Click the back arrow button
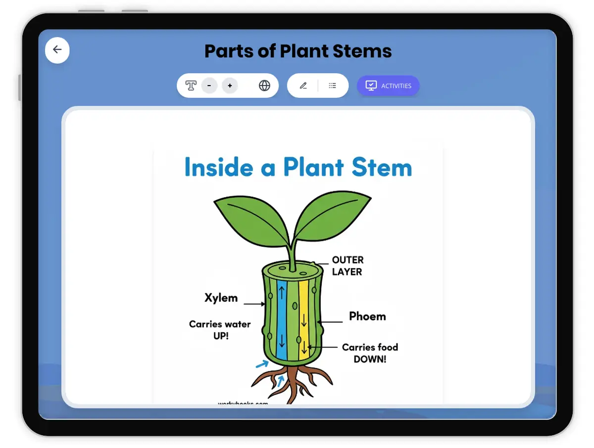point(57,50)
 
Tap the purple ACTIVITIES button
point(388,86)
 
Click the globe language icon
point(265,86)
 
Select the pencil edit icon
point(303,86)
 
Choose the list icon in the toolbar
point(333,86)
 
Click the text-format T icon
point(191,86)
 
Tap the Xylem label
point(221,298)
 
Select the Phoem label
point(367,316)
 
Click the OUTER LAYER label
point(347,266)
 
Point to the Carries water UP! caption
point(220,330)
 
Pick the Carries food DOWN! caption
point(370,353)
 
